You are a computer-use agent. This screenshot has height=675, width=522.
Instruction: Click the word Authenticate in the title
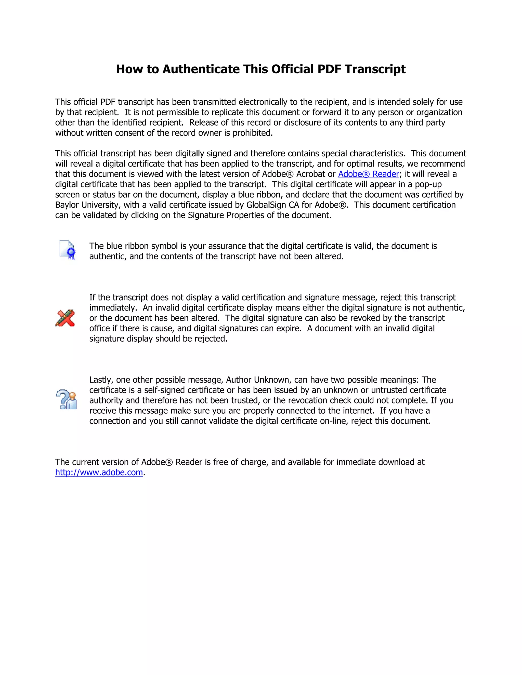pyautogui.click(x=201, y=69)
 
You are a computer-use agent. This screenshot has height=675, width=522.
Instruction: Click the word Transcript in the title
pyautogui.click(x=375, y=69)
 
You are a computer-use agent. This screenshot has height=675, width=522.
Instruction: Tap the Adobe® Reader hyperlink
pyautogui.click(x=368, y=174)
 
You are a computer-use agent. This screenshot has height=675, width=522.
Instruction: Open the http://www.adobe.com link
pyautogui.click(x=99, y=472)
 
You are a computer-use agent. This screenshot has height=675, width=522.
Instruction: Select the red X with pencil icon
pyautogui.click(x=65, y=318)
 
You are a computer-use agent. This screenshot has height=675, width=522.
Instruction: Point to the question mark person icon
pyautogui.click(x=67, y=399)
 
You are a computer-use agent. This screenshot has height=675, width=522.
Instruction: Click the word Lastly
pyautogui.click(x=101, y=380)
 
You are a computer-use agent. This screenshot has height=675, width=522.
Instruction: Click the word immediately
pyautogui.click(x=113, y=308)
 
